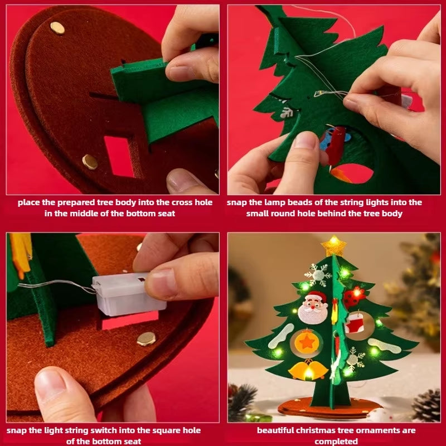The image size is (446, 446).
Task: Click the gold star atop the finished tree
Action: point(333,245)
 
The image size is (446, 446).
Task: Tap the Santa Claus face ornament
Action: point(313,308)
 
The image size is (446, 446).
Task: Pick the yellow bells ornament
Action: point(308,369)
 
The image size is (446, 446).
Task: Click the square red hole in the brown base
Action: point(119,157)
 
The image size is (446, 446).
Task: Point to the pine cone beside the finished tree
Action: point(426,405)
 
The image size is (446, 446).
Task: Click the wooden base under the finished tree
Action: point(329,410)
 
